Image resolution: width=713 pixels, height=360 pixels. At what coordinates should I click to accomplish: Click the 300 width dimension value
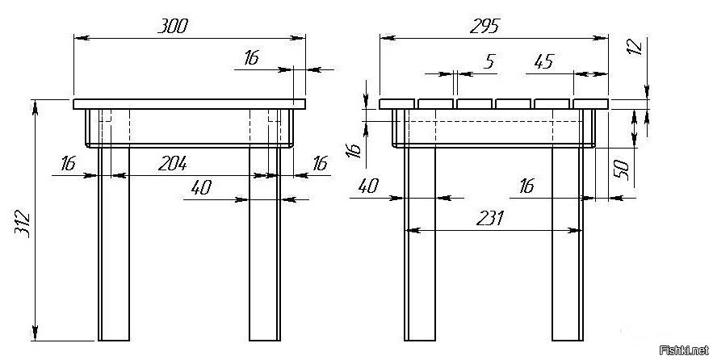pyautogui.click(x=173, y=27)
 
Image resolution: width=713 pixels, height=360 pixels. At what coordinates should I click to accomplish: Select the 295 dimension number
pyautogui.click(x=484, y=27)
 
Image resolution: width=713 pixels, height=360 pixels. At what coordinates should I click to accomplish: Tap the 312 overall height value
pyautogui.click(x=22, y=224)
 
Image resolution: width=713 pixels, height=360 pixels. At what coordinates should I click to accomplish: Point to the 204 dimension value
pyautogui.click(x=172, y=164)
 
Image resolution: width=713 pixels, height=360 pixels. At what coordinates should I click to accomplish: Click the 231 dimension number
pyautogui.click(x=490, y=219)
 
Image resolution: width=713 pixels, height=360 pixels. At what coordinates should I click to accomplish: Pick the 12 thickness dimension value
pyautogui.click(x=635, y=47)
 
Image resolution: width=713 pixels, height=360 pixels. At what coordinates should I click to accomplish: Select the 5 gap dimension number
pyautogui.click(x=489, y=61)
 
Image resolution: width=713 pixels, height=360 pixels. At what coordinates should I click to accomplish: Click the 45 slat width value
pyautogui.click(x=544, y=61)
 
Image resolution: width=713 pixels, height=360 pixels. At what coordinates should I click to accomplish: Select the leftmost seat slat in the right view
pyautogui.click(x=397, y=104)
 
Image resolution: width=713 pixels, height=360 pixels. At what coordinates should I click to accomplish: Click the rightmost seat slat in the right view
pyautogui.click(x=591, y=104)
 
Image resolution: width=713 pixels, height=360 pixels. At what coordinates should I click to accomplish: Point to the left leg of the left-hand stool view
pyautogui.click(x=114, y=244)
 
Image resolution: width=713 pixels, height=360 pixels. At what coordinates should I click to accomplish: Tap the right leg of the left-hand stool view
pyautogui.click(x=265, y=244)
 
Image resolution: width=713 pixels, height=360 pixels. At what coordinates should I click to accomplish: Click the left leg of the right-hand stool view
pyautogui.click(x=420, y=244)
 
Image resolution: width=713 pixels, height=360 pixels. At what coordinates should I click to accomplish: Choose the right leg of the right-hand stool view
pyautogui.click(x=568, y=244)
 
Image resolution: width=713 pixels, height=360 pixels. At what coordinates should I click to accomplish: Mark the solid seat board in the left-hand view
pyautogui.click(x=189, y=104)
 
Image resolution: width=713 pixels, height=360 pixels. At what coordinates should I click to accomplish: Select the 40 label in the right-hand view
pyautogui.click(x=368, y=186)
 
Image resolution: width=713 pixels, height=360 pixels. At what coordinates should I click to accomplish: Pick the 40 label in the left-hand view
pyautogui.click(x=201, y=186)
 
